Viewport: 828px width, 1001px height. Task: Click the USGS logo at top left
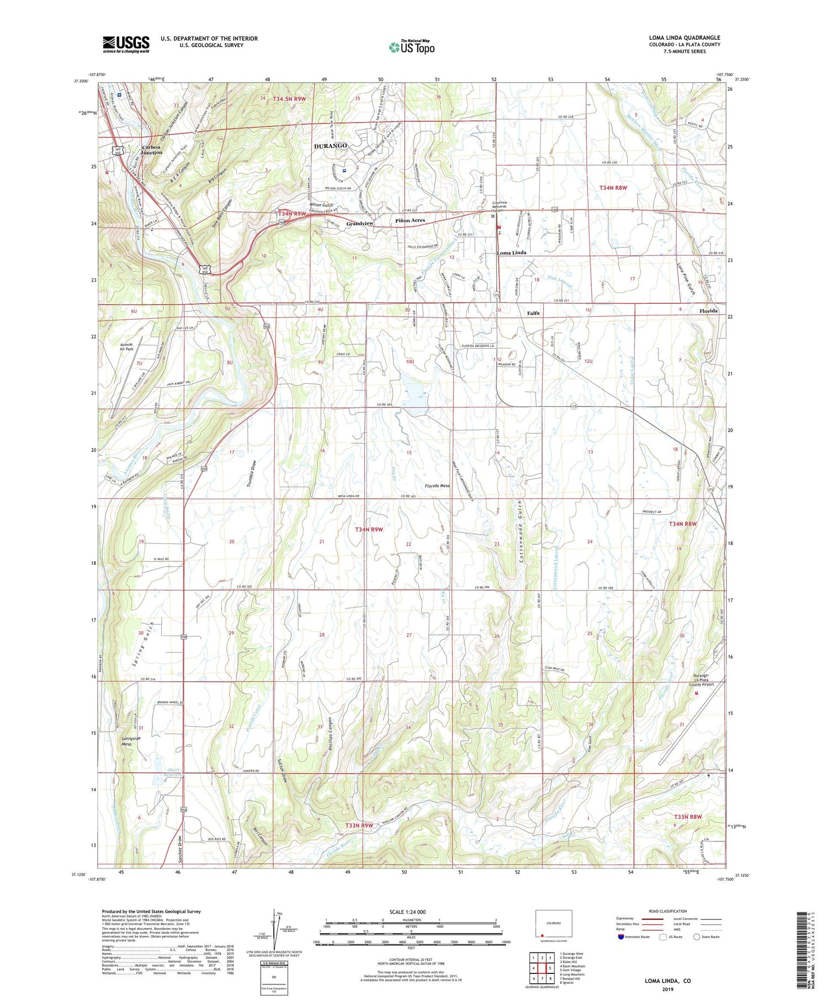pos(126,44)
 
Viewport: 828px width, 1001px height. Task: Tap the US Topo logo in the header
pos(411,47)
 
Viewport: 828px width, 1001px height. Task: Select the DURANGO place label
pos(330,146)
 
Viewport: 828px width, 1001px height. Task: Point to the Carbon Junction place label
pos(152,150)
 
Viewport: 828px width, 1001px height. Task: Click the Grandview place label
pos(360,223)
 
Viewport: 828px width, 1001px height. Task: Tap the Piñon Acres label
pos(410,220)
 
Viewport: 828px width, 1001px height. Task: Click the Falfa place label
pos(533,313)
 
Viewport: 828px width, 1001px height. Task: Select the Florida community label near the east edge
pos(708,311)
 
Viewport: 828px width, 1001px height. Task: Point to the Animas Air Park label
pos(126,346)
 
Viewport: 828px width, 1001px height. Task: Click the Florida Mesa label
pos(437,486)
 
